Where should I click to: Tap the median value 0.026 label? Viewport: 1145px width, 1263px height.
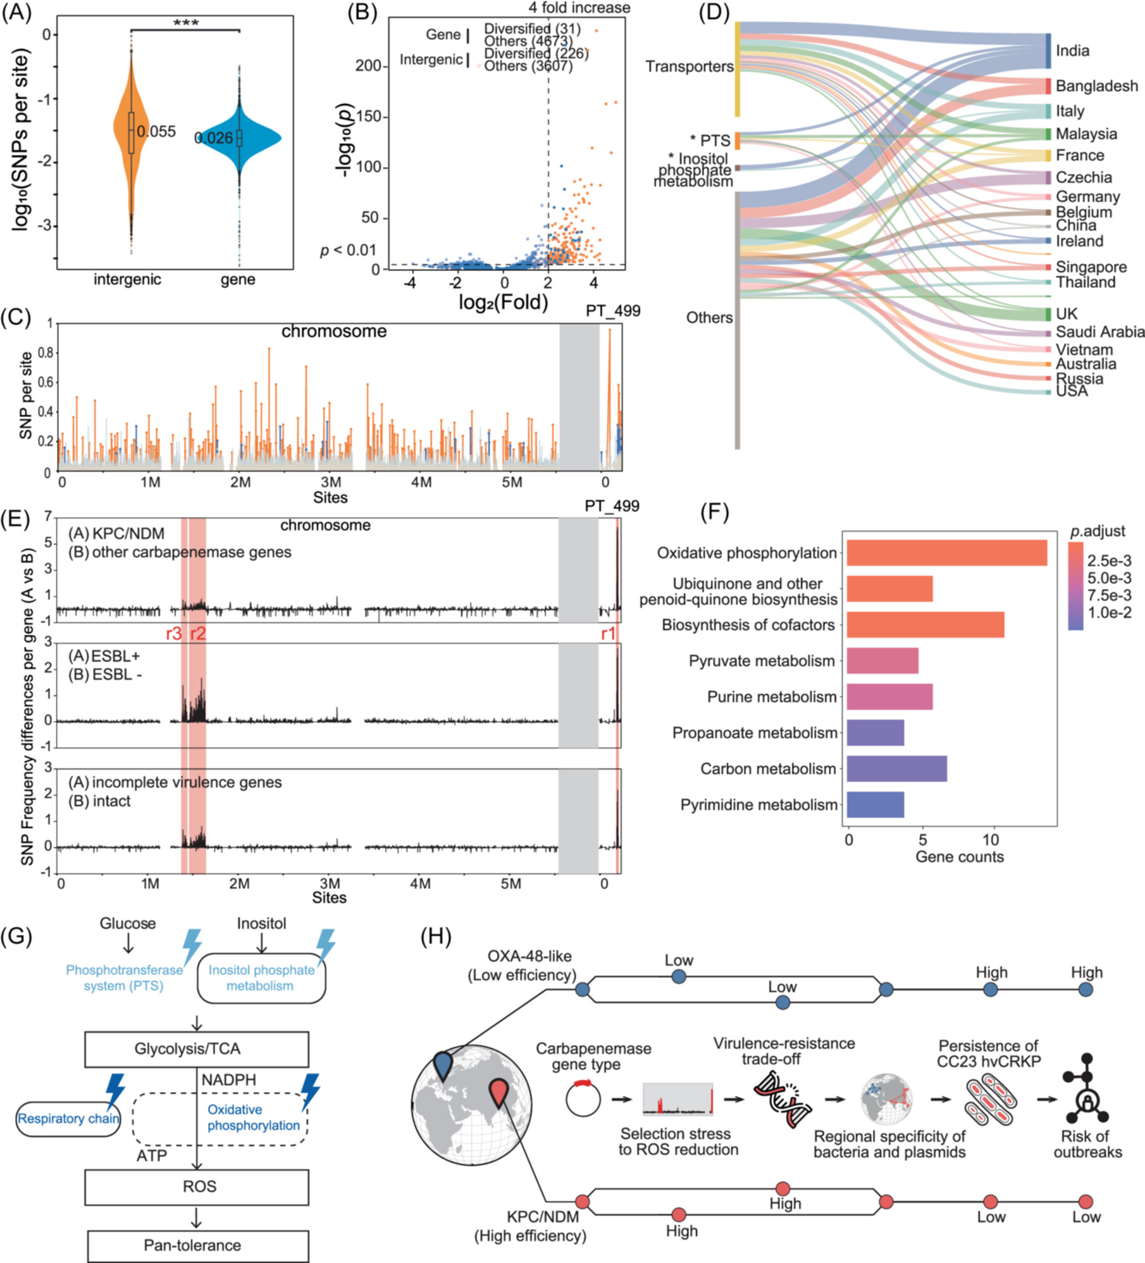click(213, 138)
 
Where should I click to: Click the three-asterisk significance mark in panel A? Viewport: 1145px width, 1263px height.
click(185, 23)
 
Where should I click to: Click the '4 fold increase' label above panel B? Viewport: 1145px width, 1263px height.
click(579, 8)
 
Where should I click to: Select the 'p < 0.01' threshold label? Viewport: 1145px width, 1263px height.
click(348, 251)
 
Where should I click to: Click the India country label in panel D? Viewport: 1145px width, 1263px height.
click(1072, 51)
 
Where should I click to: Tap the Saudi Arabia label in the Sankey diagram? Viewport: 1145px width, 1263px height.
click(1099, 332)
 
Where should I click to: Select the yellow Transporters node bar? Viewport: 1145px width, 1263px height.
click(737, 70)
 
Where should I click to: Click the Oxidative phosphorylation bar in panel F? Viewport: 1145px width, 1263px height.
click(946, 553)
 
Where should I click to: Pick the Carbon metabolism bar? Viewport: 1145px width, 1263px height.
click(896, 769)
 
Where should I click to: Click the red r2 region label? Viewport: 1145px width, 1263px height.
click(198, 634)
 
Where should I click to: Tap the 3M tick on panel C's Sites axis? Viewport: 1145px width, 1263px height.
click(330, 482)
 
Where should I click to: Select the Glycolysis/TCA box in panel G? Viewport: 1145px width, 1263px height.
click(197, 1049)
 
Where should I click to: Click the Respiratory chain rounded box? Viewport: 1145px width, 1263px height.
click(68, 1119)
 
